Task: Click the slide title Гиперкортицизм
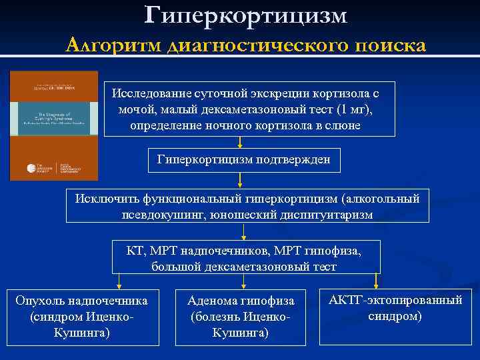click(x=245, y=15)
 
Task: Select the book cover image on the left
click(x=53, y=125)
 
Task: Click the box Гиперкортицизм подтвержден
click(x=239, y=160)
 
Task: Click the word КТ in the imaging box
click(x=135, y=251)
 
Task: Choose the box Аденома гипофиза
click(x=241, y=316)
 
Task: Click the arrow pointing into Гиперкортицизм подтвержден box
click(x=239, y=143)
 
